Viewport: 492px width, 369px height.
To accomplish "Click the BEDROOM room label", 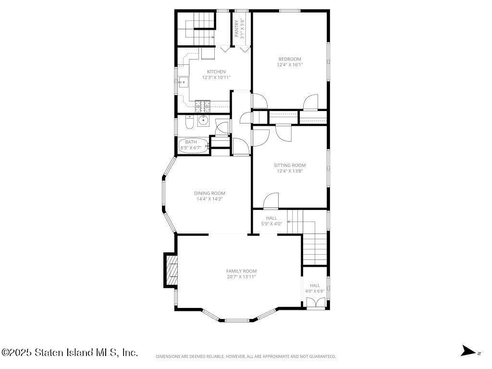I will tap(290, 59).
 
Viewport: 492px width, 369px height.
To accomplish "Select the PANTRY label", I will tap(237, 29).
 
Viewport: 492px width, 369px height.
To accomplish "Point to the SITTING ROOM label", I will tap(290, 165).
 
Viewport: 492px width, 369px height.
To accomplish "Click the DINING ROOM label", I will tap(209, 193).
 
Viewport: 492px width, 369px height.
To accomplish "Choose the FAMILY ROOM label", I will tap(241, 271).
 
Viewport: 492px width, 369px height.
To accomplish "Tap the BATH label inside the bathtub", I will tap(191, 142).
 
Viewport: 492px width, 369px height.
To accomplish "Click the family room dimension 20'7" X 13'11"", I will tap(241, 277).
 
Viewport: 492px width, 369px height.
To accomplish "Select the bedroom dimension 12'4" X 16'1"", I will tap(290, 65).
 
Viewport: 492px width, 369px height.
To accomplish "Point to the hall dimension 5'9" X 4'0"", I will tap(271, 224).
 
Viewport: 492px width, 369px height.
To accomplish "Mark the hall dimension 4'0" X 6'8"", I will tap(315, 291).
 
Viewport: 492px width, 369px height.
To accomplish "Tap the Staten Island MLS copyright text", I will tap(70, 353).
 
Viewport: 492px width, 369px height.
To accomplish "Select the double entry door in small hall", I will tap(315, 302).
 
